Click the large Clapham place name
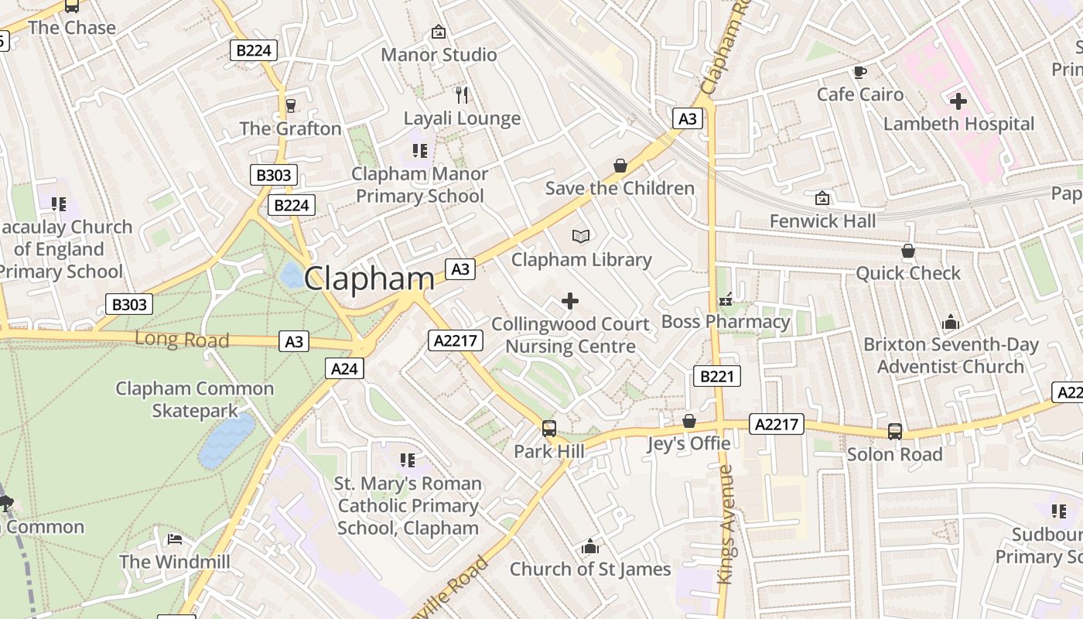click(369, 279)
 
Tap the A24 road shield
click(344, 369)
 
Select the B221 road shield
click(716, 377)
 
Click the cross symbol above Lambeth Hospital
click(958, 101)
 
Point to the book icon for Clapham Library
click(581, 236)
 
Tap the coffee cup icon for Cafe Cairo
click(859, 73)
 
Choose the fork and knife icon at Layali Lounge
click(462, 95)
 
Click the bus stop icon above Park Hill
click(549, 428)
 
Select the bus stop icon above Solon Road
click(894, 432)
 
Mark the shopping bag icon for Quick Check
click(907, 251)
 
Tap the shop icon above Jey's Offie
click(688, 421)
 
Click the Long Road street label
click(182, 340)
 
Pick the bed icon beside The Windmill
click(175, 539)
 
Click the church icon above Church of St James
click(589, 547)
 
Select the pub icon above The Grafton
click(291, 106)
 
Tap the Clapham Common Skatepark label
click(194, 399)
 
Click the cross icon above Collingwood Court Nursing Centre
click(570, 301)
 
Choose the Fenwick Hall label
click(822, 221)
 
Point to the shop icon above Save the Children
click(620, 166)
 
